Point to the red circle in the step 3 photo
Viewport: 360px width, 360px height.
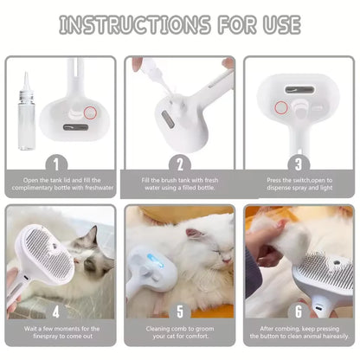click(x=281, y=106)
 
